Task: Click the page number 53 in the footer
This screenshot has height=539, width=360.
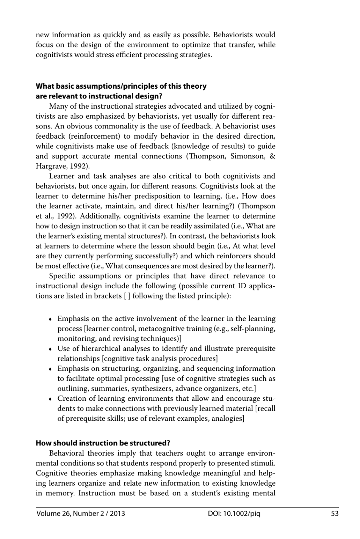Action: point(335,514)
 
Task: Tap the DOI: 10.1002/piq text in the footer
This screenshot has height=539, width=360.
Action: point(234,514)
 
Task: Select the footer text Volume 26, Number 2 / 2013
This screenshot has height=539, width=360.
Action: point(81,514)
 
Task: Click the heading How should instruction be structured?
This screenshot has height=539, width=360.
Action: point(103,443)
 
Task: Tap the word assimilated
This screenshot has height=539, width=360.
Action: point(210,226)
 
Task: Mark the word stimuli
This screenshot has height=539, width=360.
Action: point(263,463)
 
